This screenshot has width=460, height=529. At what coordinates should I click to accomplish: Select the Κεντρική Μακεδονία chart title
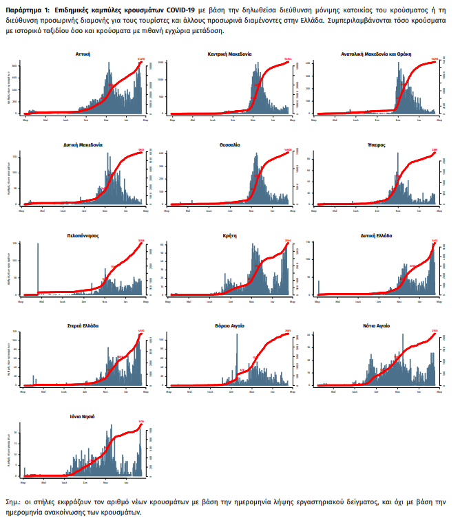[230, 53]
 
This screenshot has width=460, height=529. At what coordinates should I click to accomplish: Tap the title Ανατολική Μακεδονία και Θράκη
[375, 53]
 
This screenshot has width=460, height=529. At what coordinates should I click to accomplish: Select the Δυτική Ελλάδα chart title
[376, 235]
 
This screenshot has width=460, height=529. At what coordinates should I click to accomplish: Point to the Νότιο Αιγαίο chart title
[376, 325]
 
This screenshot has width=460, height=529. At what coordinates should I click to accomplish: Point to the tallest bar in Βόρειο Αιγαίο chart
[237, 358]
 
